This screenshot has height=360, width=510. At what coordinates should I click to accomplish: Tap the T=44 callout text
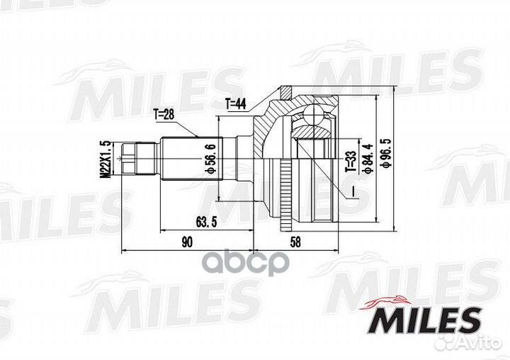pos(235,104)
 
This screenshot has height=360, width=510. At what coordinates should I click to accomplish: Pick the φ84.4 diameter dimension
pos(367,160)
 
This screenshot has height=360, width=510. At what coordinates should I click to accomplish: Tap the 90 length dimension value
pos(186,242)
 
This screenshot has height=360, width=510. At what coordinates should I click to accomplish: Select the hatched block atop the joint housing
pos(285,92)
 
